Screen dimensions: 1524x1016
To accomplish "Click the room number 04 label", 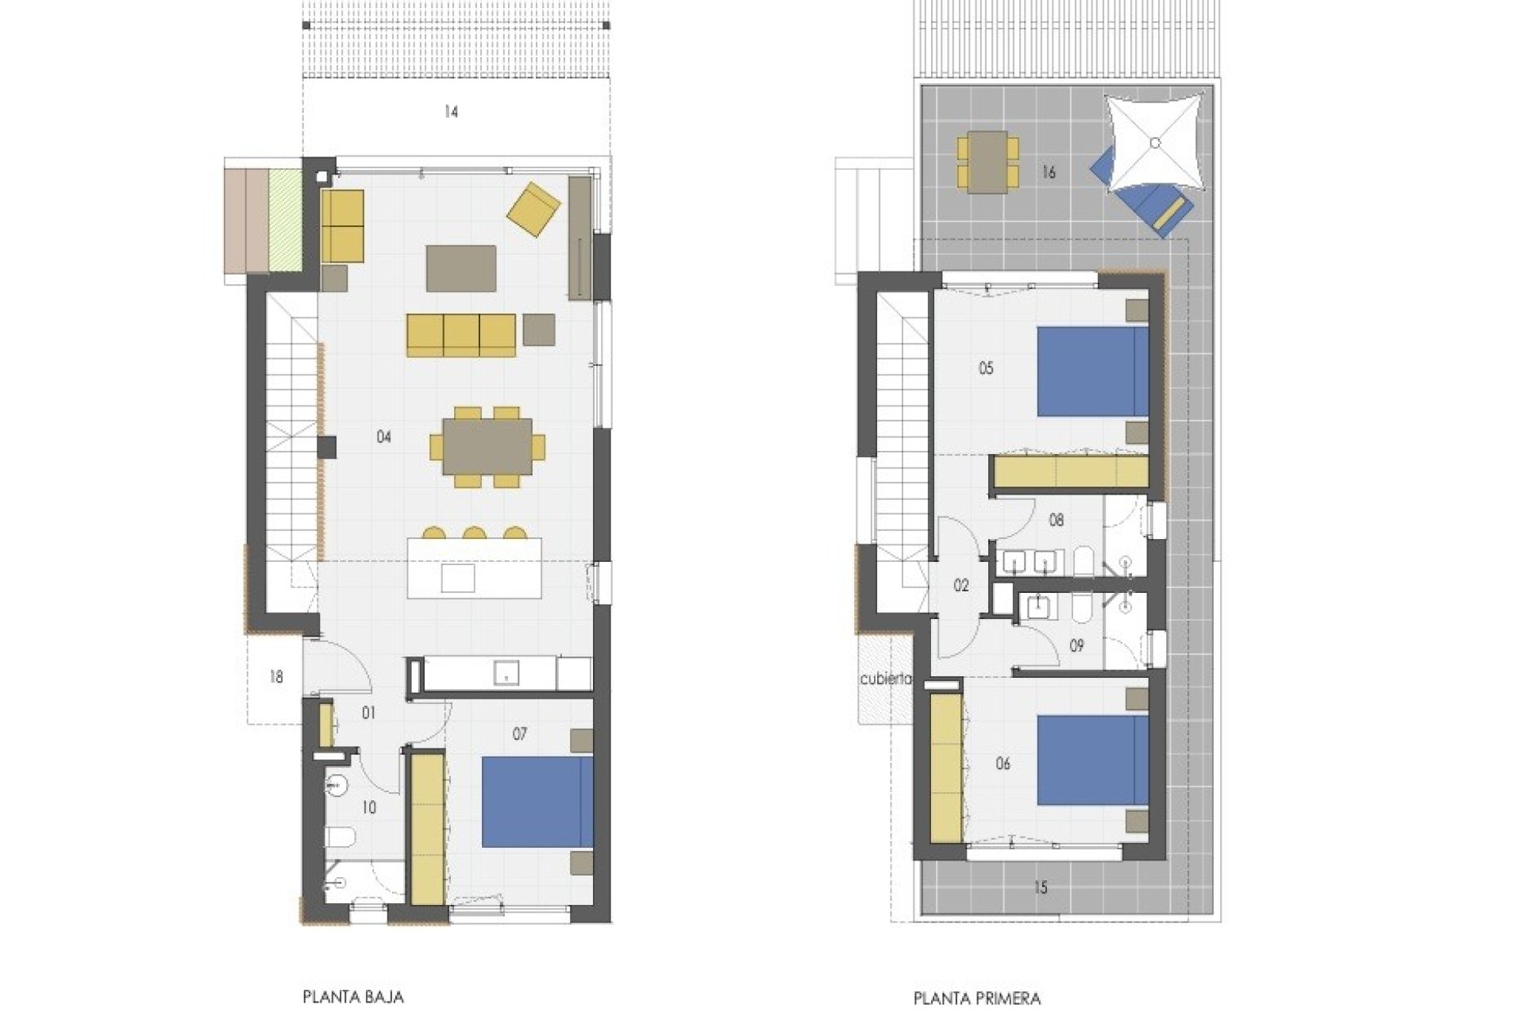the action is (383, 437).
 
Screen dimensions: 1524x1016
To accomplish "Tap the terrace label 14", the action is (451, 112).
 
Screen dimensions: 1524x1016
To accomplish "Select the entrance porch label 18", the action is (276, 677).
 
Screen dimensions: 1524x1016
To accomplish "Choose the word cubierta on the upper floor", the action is (886, 679).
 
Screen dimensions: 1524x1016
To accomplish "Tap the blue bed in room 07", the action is (537, 802).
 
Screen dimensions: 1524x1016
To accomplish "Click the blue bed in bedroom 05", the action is (1093, 371).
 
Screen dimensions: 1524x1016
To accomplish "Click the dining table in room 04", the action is (487, 447).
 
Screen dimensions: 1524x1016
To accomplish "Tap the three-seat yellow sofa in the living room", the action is (461, 335).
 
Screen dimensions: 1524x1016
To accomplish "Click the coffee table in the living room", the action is (461, 268).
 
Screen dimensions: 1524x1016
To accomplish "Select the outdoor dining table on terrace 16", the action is (987, 163).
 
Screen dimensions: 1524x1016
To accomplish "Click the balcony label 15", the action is (1041, 887).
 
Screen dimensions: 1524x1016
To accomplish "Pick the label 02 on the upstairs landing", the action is (961, 586).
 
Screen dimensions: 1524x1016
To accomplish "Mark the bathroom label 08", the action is (1056, 521).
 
